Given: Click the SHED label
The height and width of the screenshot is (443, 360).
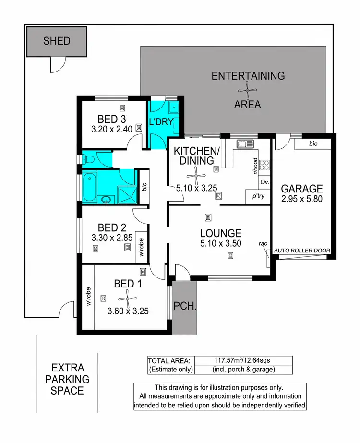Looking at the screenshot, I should pyautogui.click(x=57, y=41).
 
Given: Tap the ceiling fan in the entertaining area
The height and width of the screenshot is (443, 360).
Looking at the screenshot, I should pyautogui.click(x=248, y=90).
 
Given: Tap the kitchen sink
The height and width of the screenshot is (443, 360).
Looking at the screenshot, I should pyautogui.click(x=244, y=144).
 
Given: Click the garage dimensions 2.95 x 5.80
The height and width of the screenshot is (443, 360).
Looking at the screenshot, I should pyautogui.click(x=302, y=200).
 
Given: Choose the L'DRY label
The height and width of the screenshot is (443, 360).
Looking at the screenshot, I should pyautogui.click(x=157, y=122).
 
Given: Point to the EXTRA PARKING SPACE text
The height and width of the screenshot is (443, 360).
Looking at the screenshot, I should pyautogui.click(x=68, y=379).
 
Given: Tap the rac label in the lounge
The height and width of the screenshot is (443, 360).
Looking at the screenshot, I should pyautogui.click(x=263, y=244).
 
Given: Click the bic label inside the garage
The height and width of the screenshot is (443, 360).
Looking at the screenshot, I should pyautogui.click(x=313, y=144).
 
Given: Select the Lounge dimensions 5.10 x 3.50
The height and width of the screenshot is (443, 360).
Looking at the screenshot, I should pyautogui.click(x=220, y=243).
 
